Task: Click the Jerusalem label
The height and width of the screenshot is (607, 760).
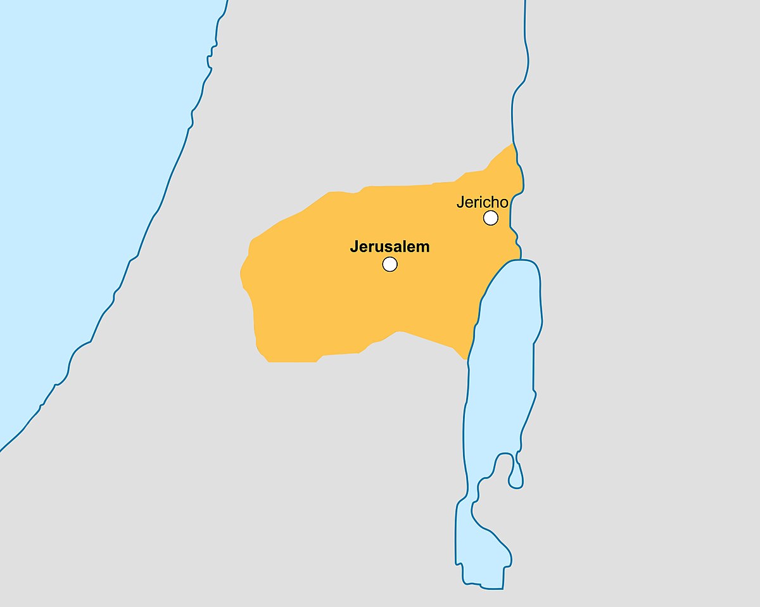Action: (389, 247)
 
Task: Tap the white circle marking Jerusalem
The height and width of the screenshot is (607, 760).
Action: (390, 264)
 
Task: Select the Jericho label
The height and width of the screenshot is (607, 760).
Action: (482, 202)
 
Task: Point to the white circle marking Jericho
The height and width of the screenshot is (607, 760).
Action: (490, 218)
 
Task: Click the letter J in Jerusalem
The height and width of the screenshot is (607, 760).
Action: (354, 247)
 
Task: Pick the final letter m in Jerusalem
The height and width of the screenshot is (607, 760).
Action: (423, 247)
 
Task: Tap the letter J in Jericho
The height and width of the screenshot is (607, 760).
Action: (460, 202)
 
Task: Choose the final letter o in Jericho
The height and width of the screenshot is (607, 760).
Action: (503, 203)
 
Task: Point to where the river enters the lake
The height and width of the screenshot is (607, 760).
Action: (520, 259)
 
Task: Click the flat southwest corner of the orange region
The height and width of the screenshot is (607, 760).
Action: (291, 361)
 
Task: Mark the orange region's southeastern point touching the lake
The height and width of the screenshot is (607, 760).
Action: (467, 359)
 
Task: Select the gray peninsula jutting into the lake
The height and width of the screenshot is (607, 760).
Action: (494, 494)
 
